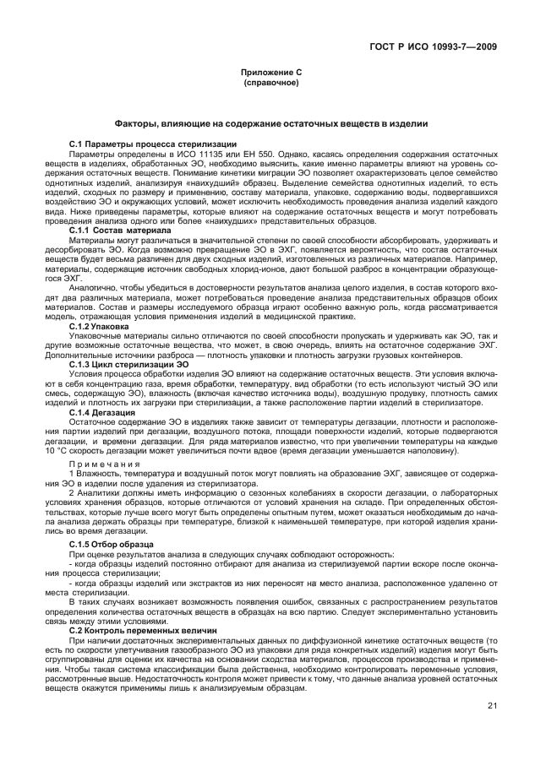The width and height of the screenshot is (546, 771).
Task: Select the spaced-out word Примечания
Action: pyautogui.click(x=104, y=463)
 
